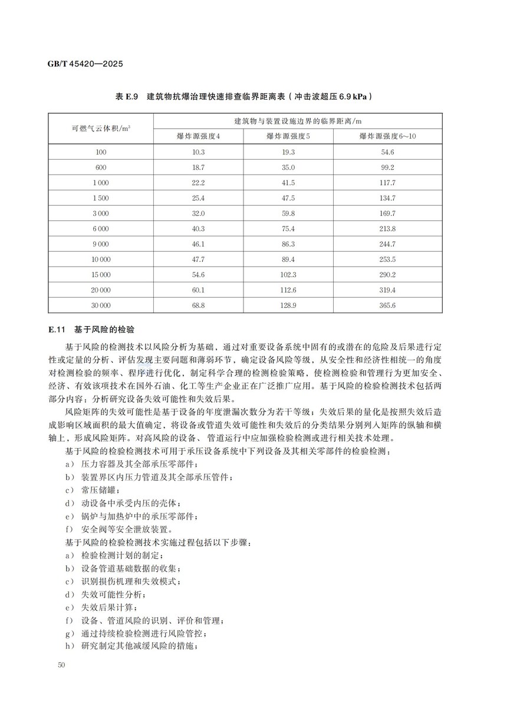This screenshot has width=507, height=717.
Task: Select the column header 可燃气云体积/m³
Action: point(101,129)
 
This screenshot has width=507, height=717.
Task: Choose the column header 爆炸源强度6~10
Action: point(387,136)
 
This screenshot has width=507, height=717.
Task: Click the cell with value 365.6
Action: point(387,305)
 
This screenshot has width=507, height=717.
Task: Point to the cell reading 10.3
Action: point(198,152)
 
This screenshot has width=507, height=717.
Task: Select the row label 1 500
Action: point(101,198)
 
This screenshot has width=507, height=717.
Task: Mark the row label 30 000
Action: point(101,305)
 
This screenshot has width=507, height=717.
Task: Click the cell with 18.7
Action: point(198,167)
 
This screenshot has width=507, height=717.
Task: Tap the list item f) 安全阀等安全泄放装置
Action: point(118,529)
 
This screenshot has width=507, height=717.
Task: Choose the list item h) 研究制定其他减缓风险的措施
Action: point(130,646)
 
